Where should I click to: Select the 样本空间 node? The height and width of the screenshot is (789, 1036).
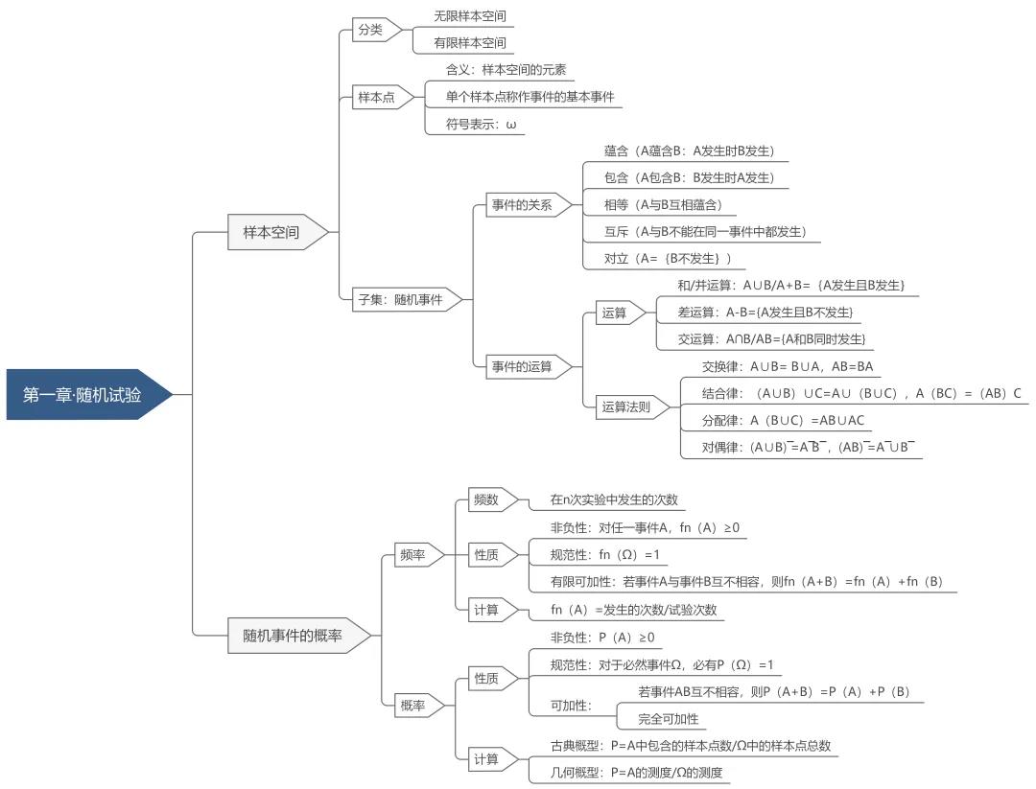(x=271, y=232)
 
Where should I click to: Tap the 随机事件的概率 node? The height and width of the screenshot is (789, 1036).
(x=293, y=635)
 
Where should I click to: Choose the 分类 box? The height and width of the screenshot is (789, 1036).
(x=370, y=30)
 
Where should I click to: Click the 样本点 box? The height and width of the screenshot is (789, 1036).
(x=377, y=97)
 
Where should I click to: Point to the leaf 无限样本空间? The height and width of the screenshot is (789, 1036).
(x=469, y=16)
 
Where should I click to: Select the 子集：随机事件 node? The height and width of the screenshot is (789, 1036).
(x=400, y=299)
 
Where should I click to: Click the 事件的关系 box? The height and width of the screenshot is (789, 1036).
(x=523, y=204)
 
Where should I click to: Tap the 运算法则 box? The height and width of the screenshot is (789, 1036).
(x=626, y=406)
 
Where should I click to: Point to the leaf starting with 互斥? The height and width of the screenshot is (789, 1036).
(x=705, y=231)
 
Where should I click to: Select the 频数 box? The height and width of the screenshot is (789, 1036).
(x=486, y=499)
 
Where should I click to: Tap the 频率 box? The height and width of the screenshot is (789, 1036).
(x=413, y=554)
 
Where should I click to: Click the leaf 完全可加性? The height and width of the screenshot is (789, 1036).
(x=669, y=718)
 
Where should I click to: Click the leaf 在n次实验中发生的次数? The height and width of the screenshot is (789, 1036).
(x=614, y=499)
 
